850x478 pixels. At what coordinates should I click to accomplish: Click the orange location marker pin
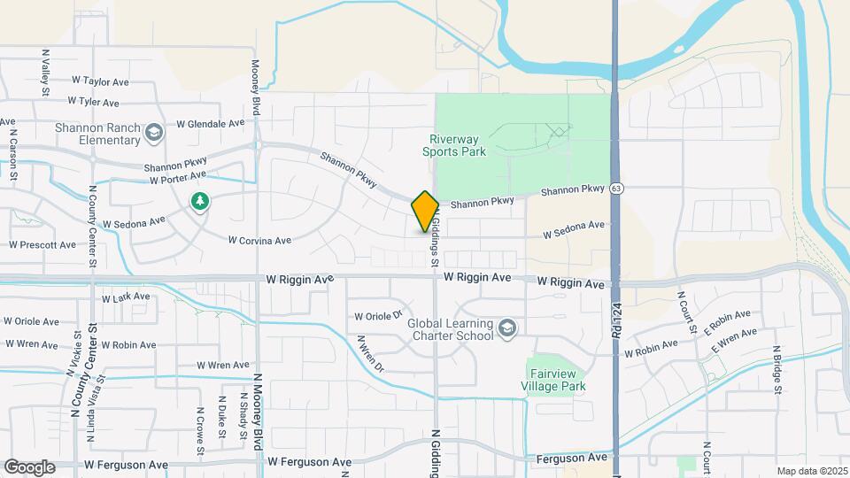(425, 211)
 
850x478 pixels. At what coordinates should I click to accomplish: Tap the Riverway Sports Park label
(458, 145)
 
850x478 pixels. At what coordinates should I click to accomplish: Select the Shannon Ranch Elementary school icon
(155, 134)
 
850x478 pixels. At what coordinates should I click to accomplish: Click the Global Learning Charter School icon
(507, 329)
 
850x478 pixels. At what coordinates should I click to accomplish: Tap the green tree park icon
(200, 202)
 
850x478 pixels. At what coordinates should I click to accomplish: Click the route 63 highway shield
(616, 189)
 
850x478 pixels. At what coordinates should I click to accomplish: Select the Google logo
(30, 466)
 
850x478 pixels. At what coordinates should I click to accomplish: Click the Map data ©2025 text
(812, 471)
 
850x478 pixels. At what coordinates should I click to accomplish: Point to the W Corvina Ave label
(259, 240)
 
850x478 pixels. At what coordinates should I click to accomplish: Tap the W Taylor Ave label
(101, 81)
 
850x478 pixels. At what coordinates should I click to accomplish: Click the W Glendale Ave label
(210, 124)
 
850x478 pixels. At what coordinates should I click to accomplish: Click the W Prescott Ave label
(42, 244)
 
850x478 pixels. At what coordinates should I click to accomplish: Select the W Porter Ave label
(152, 180)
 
